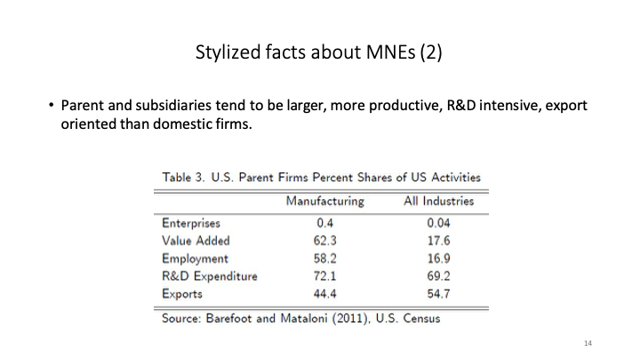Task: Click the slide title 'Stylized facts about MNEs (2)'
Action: [319, 53]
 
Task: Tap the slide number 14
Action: [588, 342]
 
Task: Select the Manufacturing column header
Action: [324, 202]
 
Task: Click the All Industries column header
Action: [438, 202]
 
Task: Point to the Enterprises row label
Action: [191, 224]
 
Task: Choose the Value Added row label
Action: [196, 241]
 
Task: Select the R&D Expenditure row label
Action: [210, 276]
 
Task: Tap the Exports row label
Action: [182, 294]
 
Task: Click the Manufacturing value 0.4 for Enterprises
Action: [324, 224]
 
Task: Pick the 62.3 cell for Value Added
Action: [324, 241]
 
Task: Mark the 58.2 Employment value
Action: [324, 259]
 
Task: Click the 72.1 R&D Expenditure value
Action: [324, 276]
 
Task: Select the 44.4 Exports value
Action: [324, 294]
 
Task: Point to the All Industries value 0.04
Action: [438, 224]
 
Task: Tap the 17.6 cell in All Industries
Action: [438, 241]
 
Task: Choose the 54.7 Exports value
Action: [438, 294]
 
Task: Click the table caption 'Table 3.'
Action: [185, 178]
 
